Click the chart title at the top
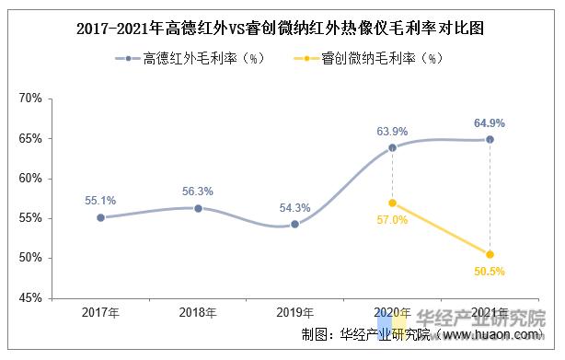282,29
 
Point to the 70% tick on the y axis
30,98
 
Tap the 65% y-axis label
30,138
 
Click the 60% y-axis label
30,179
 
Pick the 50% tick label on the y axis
30,259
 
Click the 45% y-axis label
30,298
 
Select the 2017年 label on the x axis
99,314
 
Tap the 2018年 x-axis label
197,314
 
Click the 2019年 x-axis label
294,314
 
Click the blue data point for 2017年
99,218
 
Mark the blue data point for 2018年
197,208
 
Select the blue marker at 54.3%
294,224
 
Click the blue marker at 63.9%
392,147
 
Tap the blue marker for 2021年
490,139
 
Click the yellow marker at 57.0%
392,203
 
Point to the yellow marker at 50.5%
490,254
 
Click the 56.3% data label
198,192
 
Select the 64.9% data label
489,122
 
